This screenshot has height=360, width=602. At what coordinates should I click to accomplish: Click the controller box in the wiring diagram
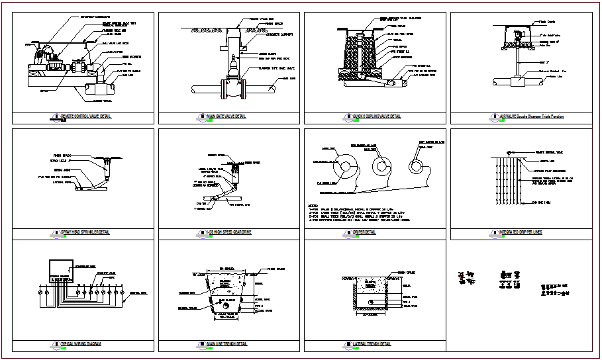coord(64,271)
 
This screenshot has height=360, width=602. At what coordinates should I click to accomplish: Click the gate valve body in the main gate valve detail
coord(234,70)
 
